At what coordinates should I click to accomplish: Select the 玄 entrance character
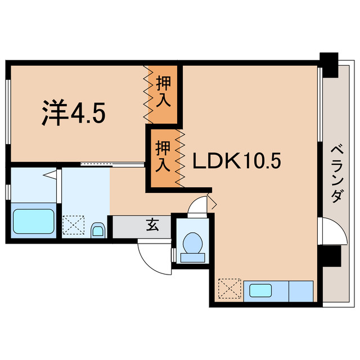(x=152, y=226)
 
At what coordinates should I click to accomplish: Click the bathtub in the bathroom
(x=34, y=221)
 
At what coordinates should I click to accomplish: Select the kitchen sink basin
(x=260, y=291)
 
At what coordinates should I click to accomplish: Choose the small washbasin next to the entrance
(x=98, y=229)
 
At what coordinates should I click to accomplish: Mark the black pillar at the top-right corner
(x=328, y=60)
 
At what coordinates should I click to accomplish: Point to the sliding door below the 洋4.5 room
(x=112, y=164)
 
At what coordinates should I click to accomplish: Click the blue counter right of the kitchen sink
(x=301, y=291)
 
